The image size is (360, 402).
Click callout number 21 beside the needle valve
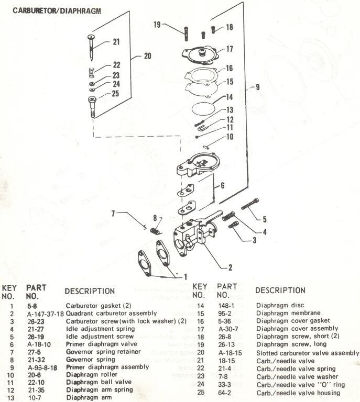click(116, 42)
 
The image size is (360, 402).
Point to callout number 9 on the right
click(257, 87)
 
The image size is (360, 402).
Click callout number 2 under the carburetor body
click(230, 267)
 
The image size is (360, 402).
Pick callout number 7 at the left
click(112, 213)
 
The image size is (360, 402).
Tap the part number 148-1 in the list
click(226, 305)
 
